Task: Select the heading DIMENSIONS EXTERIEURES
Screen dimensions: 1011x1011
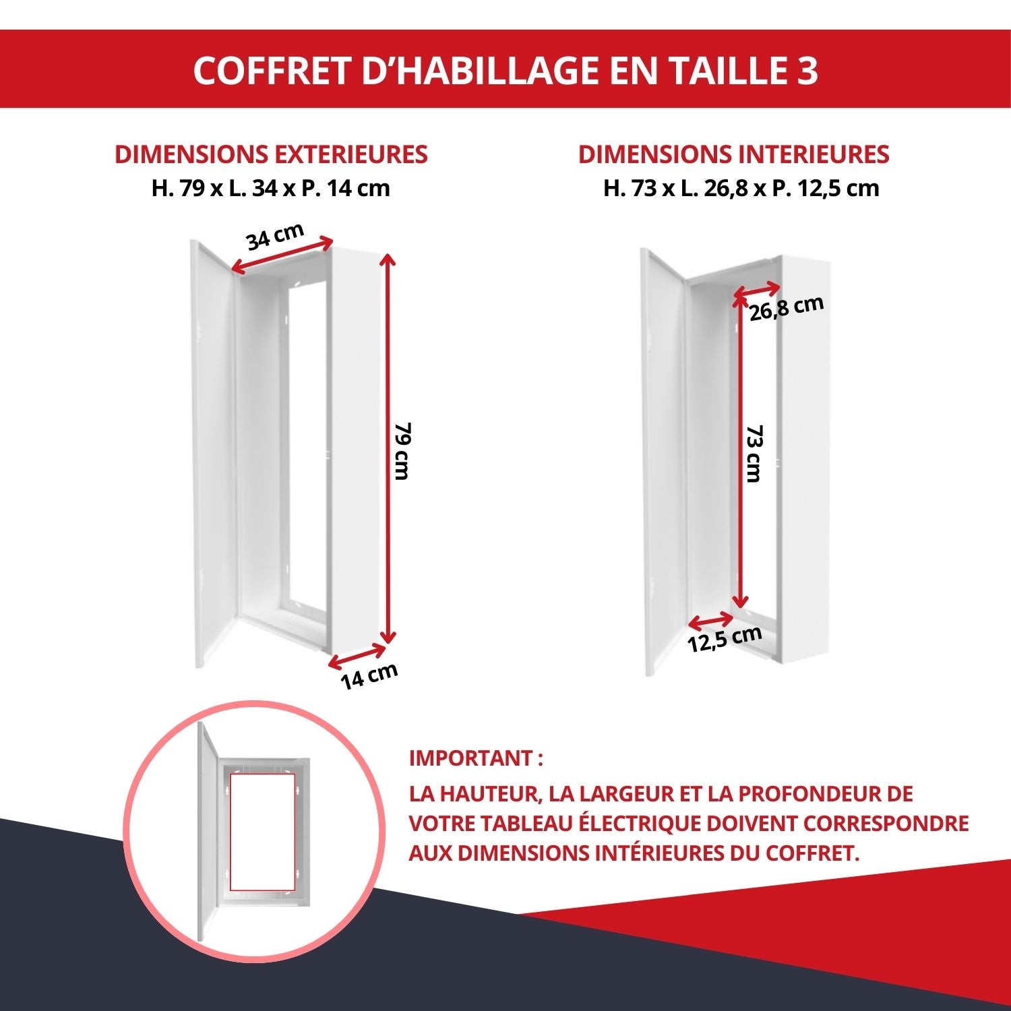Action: tap(271, 154)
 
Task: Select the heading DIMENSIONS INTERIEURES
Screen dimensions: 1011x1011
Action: tap(733, 154)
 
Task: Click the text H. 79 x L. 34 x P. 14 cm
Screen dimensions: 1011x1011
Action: tap(271, 188)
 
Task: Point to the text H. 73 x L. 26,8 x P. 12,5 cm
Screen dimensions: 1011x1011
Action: tap(741, 188)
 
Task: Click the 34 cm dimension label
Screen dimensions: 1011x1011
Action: tap(274, 236)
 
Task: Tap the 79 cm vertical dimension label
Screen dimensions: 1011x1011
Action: tap(402, 451)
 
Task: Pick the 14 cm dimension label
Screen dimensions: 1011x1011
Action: tap(369, 676)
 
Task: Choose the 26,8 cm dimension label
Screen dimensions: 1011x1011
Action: tap(787, 308)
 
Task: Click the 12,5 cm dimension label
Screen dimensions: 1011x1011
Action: tap(725, 638)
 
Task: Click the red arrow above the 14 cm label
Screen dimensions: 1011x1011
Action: tap(357, 656)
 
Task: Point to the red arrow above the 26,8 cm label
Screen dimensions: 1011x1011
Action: tap(758, 290)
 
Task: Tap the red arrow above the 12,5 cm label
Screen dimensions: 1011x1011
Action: tap(711, 620)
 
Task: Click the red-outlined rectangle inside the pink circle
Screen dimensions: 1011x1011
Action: tap(262, 831)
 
